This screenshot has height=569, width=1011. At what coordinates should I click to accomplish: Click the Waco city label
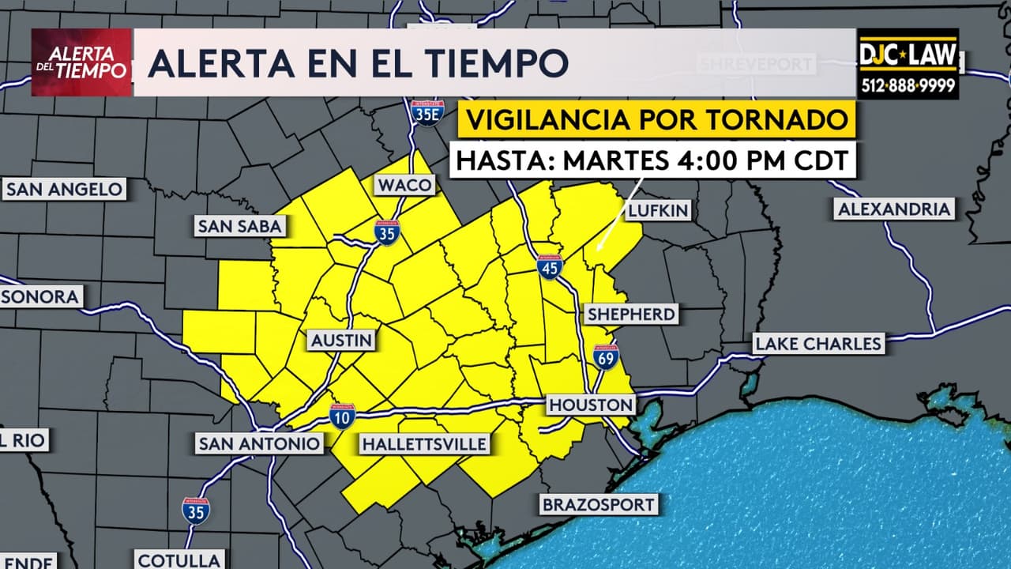pyautogui.click(x=405, y=186)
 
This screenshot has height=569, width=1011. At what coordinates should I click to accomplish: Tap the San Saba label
pyautogui.click(x=239, y=227)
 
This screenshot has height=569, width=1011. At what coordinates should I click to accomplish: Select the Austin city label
pyautogui.click(x=340, y=341)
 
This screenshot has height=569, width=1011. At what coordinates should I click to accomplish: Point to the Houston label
pyautogui.click(x=592, y=405)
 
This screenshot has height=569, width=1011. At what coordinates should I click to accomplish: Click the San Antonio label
pyautogui.click(x=259, y=443)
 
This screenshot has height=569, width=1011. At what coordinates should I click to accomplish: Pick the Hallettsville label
pyautogui.click(x=423, y=444)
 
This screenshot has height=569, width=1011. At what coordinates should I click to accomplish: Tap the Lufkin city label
pyautogui.click(x=658, y=210)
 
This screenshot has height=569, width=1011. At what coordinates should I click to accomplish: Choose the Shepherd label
pyautogui.click(x=631, y=315)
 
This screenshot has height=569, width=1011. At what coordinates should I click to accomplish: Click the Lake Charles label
pyautogui.click(x=817, y=344)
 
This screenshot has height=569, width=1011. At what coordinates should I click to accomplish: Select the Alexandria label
pyautogui.click(x=893, y=209)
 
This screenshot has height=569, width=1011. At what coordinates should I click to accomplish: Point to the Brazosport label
pyautogui.click(x=598, y=504)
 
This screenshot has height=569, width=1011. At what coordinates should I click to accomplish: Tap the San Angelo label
pyautogui.click(x=64, y=189)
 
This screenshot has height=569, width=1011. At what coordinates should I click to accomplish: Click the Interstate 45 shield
pyautogui.click(x=550, y=267)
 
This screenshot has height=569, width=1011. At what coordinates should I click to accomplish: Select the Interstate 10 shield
pyautogui.click(x=342, y=415)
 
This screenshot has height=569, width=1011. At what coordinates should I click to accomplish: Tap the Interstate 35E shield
pyautogui.click(x=427, y=113)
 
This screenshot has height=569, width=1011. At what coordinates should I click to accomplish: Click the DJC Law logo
pyautogui.click(x=908, y=64)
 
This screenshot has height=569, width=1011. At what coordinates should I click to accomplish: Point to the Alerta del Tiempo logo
pyautogui.click(x=81, y=62)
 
